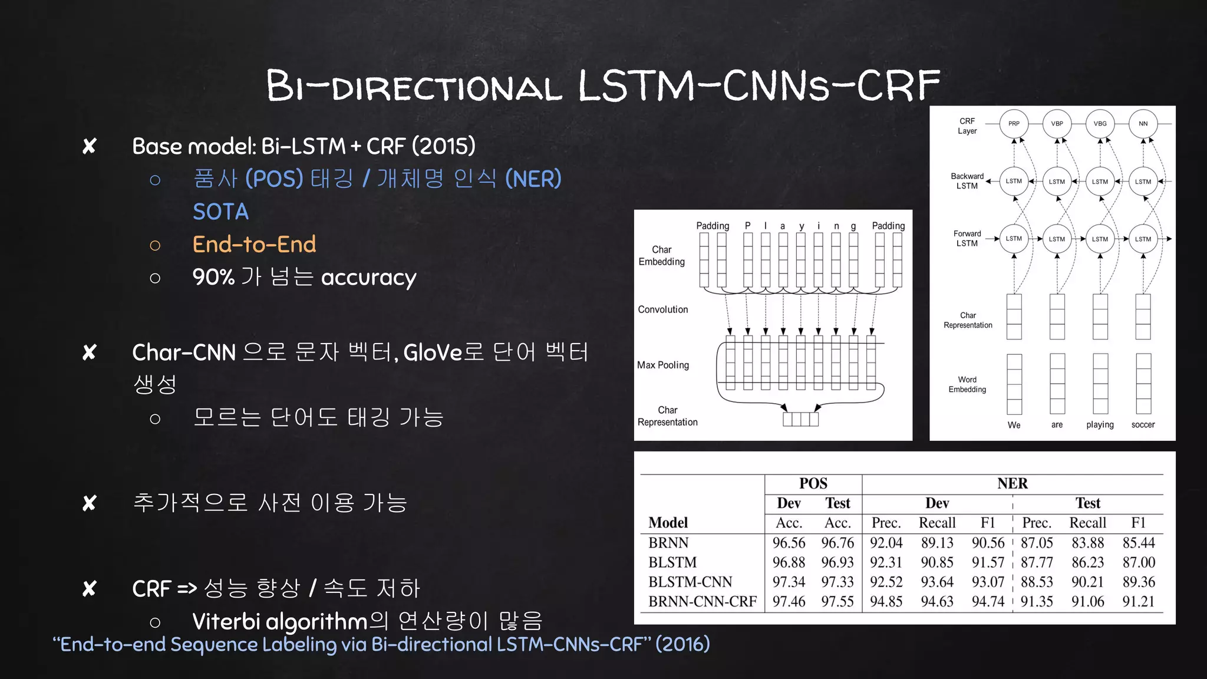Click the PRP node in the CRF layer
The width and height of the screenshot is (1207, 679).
(x=1014, y=124)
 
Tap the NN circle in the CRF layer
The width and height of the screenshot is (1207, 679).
(x=1143, y=124)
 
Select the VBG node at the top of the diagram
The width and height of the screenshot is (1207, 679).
(x=1100, y=124)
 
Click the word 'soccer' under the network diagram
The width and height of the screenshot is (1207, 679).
(x=1143, y=424)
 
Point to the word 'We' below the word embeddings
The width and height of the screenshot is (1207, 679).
(x=1014, y=425)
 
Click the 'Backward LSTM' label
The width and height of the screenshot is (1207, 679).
(x=967, y=181)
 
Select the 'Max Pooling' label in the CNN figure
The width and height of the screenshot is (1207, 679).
(x=663, y=365)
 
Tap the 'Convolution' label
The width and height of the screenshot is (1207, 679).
(x=663, y=309)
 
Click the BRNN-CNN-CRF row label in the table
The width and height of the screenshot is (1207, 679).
(x=703, y=601)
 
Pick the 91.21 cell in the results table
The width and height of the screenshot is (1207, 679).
(x=1138, y=601)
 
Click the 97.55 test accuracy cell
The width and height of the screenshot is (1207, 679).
(x=837, y=601)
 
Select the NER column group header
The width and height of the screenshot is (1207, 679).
(x=1013, y=483)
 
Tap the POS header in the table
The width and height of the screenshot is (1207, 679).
(x=813, y=483)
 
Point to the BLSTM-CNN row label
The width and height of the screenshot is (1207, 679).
(x=690, y=582)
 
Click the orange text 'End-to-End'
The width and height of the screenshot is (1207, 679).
(x=254, y=244)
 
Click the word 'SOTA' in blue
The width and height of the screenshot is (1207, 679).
(x=221, y=212)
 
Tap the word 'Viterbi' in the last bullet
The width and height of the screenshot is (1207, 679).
(x=226, y=621)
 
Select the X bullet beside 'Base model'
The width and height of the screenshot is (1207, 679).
(x=90, y=146)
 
